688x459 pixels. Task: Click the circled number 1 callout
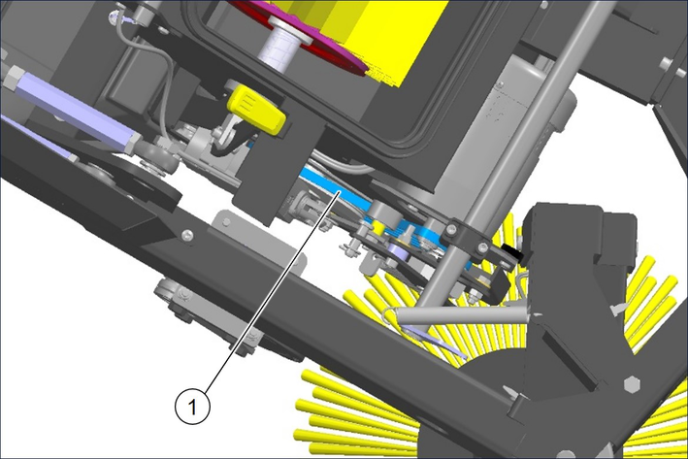tap(193, 407)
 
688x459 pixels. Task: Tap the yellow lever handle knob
tap(256, 110)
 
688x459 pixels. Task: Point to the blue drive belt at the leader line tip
tap(337, 193)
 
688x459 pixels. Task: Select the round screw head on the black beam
tap(187, 236)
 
